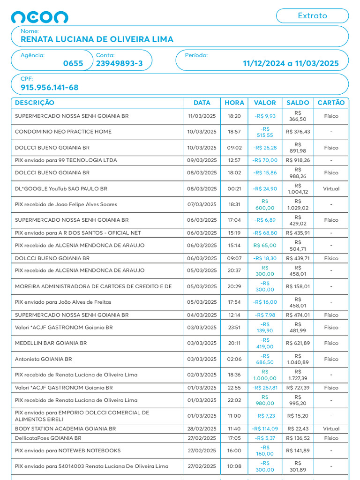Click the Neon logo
pyautogui.click(x=39, y=17)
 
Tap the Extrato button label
pyautogui.click(x=312, y=15)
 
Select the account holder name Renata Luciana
pyautogui.click(x=97, y=39)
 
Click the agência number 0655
pyautogui.click(x=73, y=64)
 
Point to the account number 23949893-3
pyautogui.click(x=120, y=64)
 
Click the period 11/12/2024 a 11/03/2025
pyautogui.click(x=291, y=64)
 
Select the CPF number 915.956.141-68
pyautogui.click(x=50, y=88)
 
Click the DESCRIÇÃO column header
pyautogui.click(x=35, y=103)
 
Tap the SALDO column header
pyautogui.click(x=298, y=103)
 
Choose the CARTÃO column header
pyautogui.click(x=331, y=103)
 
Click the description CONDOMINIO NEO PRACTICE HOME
pyautogui.click(x=63, y=132)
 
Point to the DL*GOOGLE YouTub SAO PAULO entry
pyautogui.click(x=61, y=189)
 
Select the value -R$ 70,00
pyautogui.click(x=265, y=160)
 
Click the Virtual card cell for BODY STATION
pyautogui.click(x=331, y=428)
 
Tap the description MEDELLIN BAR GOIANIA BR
pyautogui.click(x=51, y=343)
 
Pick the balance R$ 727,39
pyautogui.click(x=298, y=388)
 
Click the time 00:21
pyautogui.click(x=234, y=189)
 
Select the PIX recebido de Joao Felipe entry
pyautogui.click(x=66, y=204)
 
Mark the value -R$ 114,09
pyautogui.click(x=265, y=428)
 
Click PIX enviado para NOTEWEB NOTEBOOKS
pyautogui.click(x=67, y=450)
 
